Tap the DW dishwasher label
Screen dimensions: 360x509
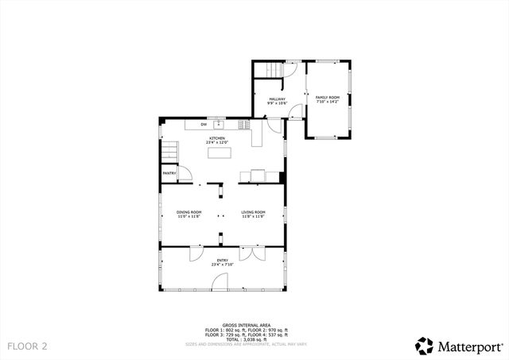(204, 125)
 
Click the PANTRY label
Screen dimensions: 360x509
(169, 173)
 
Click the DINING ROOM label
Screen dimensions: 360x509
(189, 213)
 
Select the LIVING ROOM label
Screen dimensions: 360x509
(253, 213)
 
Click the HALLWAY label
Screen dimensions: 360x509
(276, 100)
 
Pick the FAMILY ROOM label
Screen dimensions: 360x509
(327, 99)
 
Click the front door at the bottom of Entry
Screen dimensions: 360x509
(220, 282)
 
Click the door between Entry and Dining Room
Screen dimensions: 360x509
(194, 254)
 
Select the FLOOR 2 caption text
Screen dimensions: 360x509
(28, 346)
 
